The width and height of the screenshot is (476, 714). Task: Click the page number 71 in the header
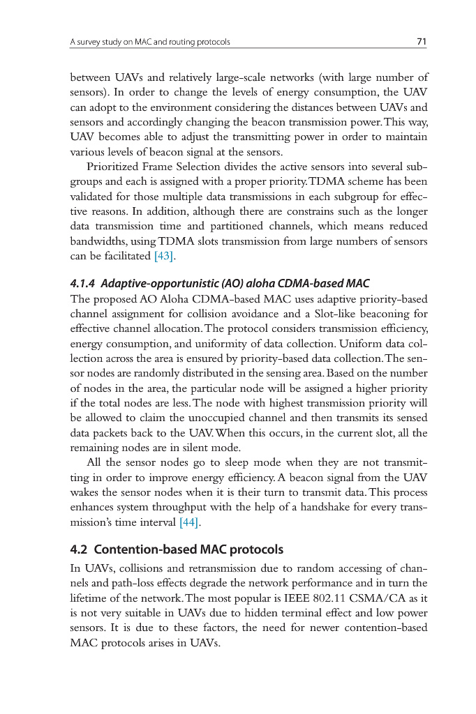pos(422,42)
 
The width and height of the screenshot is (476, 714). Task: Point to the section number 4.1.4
pos(84,283)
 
